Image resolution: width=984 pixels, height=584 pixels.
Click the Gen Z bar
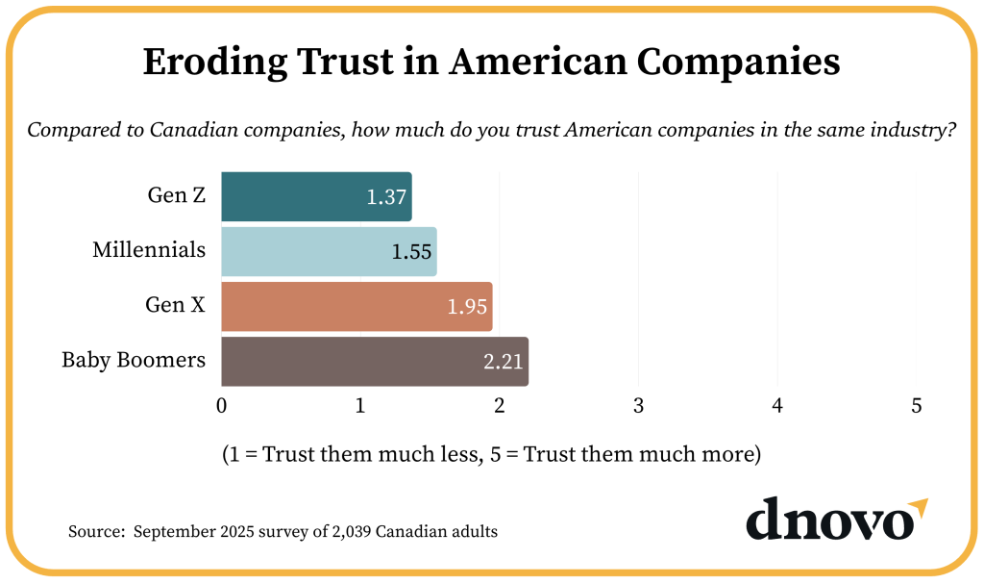pyautogui.click(x=316, y=196)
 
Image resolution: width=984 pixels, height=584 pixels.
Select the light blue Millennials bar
pyautogui.click(x=329, y=251)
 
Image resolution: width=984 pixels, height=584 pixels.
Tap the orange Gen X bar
pyautogui.click(x=357, y=306)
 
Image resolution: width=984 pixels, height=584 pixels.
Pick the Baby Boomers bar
pyautogui.click(x=375, y=361)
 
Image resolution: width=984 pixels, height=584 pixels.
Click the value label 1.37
pyautogui.click(x=387, y=197)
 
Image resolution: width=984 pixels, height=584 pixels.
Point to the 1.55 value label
pyautogui.click(x=412, y=252)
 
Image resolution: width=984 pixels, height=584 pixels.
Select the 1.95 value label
pyautogui.click(x=468, y=307)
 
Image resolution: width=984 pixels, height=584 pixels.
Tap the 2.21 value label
pyautogui.click(x=504, y=362)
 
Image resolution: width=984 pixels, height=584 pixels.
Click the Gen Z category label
pyautogui.click(x=176, y=195)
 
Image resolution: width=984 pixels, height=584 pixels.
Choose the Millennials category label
pyautogui.click(x=149, y=250)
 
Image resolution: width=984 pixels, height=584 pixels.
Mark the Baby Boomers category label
pyautogui.click(x=134, y=361)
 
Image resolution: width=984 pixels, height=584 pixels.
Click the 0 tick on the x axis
pyautogui.click(x=222, y=406)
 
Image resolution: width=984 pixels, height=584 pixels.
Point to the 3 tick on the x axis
pyautogui.click(x=639, y=406)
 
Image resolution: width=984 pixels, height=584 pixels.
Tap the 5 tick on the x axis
pyautogui.click(x=917, y=406)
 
